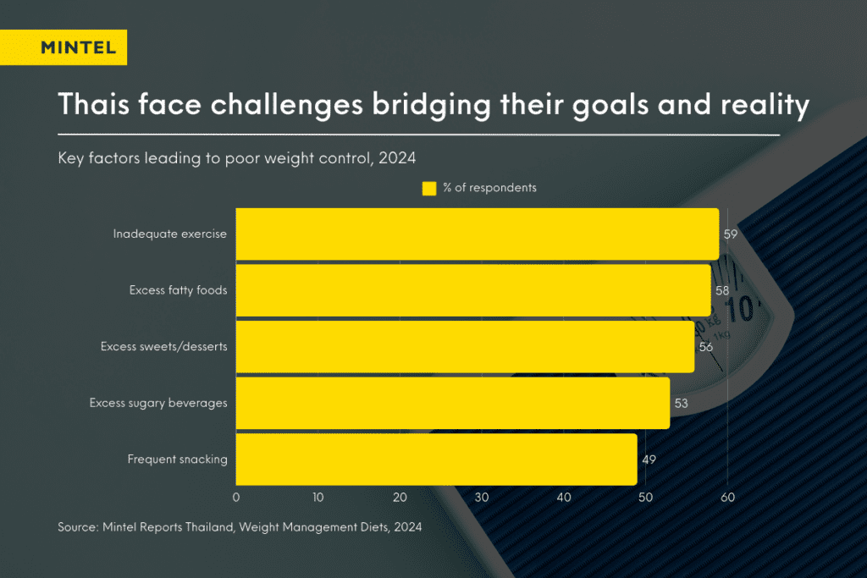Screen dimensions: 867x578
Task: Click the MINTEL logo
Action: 64,47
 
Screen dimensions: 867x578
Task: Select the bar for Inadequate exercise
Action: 478,234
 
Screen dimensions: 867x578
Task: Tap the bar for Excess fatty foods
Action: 473,290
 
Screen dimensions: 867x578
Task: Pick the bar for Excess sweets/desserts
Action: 465,347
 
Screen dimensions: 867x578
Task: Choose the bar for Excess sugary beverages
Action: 453,404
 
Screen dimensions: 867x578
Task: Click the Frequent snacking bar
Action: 436,460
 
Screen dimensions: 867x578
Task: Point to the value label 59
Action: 731,234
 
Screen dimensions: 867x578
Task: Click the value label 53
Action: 682,404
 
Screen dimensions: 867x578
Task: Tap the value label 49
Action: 649,460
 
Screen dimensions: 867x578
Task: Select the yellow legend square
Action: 429,189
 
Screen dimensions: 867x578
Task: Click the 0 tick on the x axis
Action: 236,498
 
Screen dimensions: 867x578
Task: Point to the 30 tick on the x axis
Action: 482,498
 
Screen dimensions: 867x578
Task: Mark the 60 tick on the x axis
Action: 727,498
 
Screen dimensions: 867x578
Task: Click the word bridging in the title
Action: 431,105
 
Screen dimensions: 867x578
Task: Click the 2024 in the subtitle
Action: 397,158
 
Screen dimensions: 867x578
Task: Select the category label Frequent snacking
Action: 178,460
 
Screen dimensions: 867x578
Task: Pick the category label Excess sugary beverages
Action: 158,404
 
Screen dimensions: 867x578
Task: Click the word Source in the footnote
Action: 80,527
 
